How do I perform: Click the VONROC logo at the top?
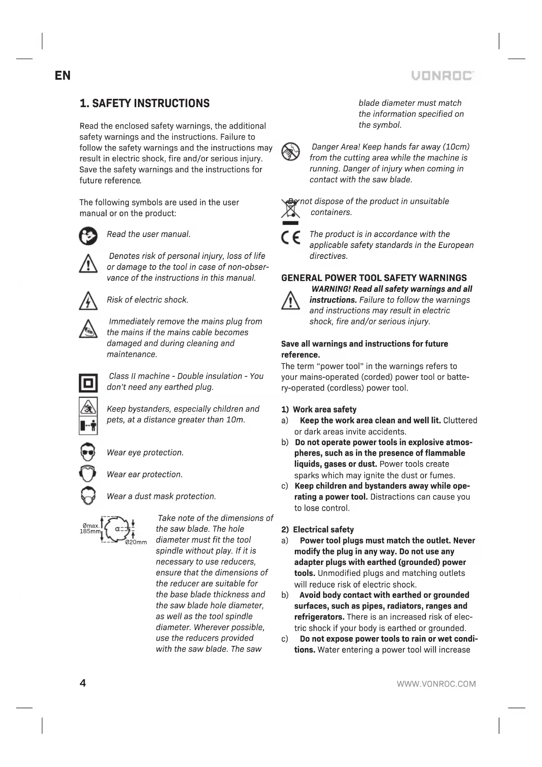[443, 76]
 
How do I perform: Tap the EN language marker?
[62, 76]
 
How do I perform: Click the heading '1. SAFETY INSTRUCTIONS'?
[145, 104]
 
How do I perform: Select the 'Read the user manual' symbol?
[88, 236]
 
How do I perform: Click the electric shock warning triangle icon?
[88, 301]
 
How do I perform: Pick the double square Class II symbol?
[88, 383]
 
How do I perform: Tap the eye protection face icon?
[88, 453]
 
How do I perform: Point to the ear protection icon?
[88, 474]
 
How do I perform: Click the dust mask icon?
[88, 496]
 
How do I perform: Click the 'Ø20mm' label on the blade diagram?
[136, 542]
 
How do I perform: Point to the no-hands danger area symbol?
[290, 151]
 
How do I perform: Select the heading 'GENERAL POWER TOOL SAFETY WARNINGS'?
[374, 278]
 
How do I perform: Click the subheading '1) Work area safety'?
[319, 410]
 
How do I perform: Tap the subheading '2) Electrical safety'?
[318, 530]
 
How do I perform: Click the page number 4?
[83, 683]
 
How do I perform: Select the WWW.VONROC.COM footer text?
[436, 684]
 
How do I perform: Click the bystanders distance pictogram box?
[88, 416]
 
